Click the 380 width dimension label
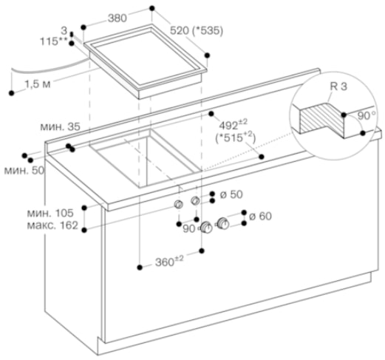click(x=117, y=18)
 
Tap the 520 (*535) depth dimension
click(x=197, y=31)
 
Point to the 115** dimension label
click(x=54, y=41)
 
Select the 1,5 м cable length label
click(x=38, y=84)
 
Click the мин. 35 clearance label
click(x=60, y=126)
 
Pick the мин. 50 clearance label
click(x=24, y=170)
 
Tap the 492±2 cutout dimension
click(x=234, y=124)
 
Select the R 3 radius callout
click(x=338, y=86)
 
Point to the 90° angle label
click(x=367, y=115)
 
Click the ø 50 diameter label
click(x=231, y=194)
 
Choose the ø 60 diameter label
click(x=260, y=216)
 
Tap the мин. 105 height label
click(x=50, y=213)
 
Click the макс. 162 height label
click(x=52, y=225)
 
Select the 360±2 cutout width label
click(x=169, y=262)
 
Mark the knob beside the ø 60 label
click(x=223, y=223)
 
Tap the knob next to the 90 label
click(x=206, y=228)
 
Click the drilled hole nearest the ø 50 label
click(x=195, y=200)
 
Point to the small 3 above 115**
click(x=64, y=30)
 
